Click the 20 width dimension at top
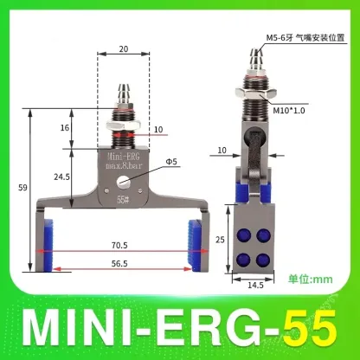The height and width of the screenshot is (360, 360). pos(125,50)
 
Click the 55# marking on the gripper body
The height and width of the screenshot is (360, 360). pos(124,197)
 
